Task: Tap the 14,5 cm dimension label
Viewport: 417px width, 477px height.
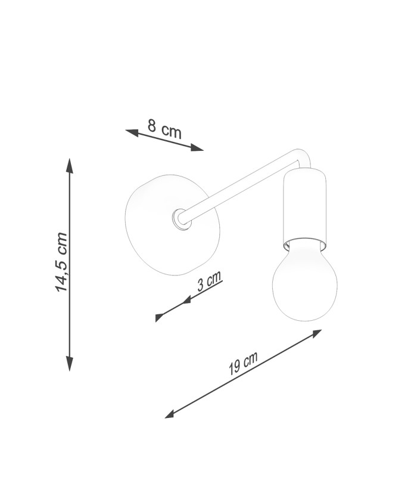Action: pyautogui.click(x=61, y=262)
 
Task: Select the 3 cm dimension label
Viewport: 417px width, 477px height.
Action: pyautogui.click(x=210, y=281)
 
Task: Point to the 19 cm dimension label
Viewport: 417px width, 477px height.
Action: pyautogui.click(x=243, y=363)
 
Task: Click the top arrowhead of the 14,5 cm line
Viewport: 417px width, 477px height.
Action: pyautogui.click(x=70, y=166)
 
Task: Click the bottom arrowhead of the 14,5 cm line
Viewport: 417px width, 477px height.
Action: pyautogui.click(x=70, y=364)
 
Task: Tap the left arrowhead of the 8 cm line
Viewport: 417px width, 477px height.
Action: pyautogui.click(x=132, y=132)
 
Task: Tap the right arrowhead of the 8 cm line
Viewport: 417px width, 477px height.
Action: pyautogui.click(x=197, y=148)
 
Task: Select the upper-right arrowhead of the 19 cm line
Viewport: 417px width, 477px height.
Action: pyautogui.click(x=315, y=333)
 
